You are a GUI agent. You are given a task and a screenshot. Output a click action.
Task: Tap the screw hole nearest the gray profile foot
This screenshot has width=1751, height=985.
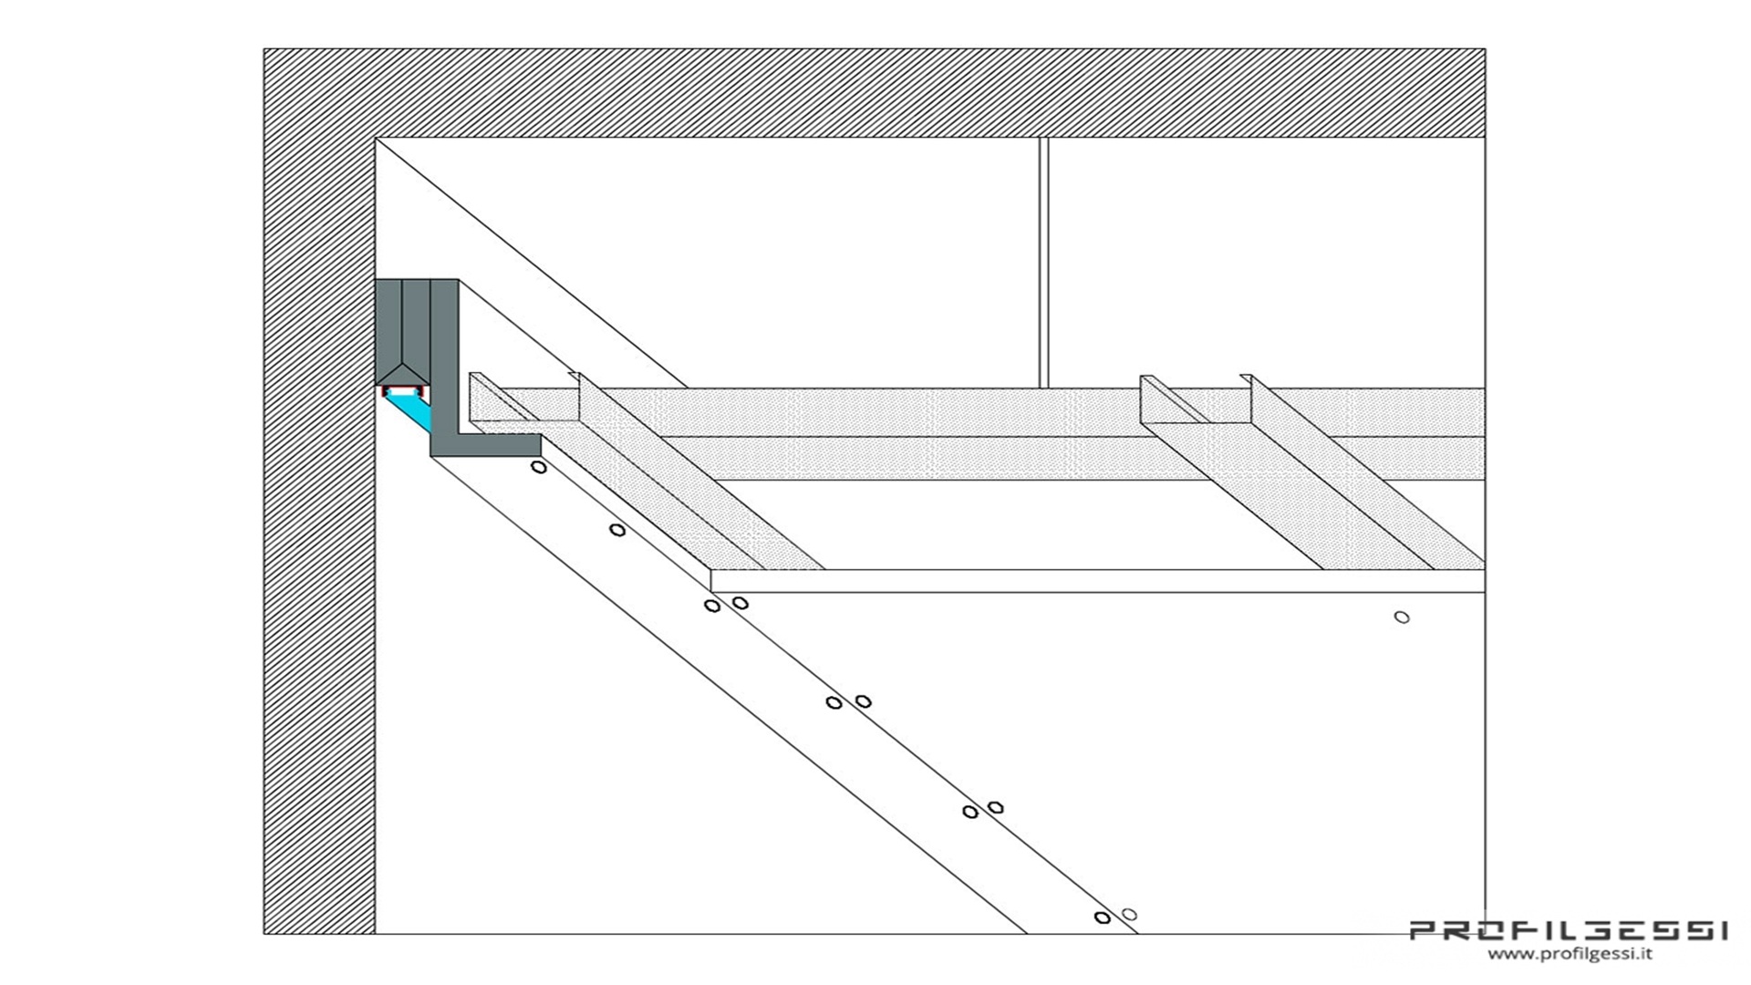[539, 467]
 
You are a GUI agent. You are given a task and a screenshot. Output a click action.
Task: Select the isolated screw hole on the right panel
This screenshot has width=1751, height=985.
[1402, 617]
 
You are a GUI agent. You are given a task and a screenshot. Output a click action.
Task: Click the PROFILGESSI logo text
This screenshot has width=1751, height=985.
[1569, 931]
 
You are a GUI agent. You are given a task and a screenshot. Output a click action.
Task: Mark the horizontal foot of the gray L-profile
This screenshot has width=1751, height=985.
[492, 445]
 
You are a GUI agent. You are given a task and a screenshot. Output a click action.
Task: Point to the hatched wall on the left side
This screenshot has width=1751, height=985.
[319, 547]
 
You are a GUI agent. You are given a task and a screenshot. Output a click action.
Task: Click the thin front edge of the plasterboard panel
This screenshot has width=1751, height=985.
[1094, 581]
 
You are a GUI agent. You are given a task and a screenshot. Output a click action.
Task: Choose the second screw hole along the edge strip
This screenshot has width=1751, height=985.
[617, 530]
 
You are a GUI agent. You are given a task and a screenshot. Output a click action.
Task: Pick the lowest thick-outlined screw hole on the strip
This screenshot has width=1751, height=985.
[1102, 918]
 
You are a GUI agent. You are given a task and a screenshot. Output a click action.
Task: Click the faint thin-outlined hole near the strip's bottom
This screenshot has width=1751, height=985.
[1129, 914]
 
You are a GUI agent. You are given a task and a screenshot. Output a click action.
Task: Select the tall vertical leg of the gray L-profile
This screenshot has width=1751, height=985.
[444, 356]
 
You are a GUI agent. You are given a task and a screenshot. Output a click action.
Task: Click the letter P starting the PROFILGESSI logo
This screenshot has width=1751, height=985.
[1425, 931]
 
